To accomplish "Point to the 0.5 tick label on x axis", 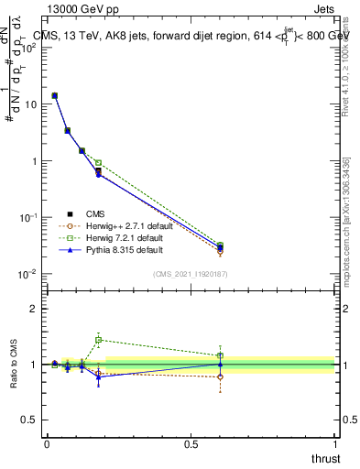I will pyautogui.click(x=191, y=444).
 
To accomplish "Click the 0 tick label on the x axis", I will pyautogui.click(x=47, y=444).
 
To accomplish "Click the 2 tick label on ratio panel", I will pyautogui.click(x=33, y=309).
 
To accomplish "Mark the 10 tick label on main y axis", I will pyautogui.click(x=28, y=104).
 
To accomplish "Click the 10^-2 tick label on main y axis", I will pyautogui.click(x=27, y=274).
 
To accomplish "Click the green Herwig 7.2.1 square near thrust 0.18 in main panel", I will pyautogui.click(x=98, y=163).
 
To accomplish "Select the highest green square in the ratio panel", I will pyautogui.click(x=98, y=340).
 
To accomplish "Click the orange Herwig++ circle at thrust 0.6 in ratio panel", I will pyautogui.click(x=220, y=376).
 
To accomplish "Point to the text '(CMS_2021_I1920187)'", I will pyautogui.click(x=191, y=273).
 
